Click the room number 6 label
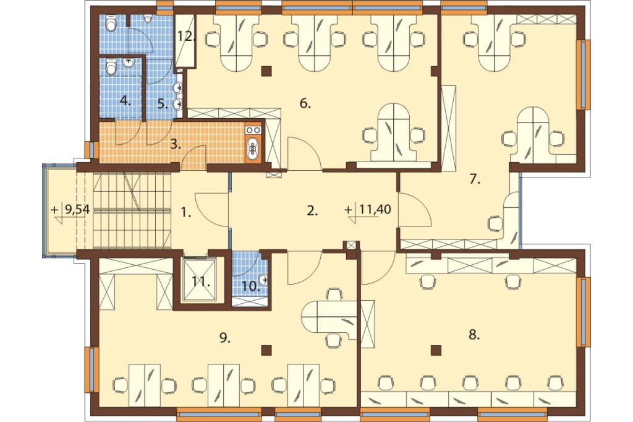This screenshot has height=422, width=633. pos(305,104)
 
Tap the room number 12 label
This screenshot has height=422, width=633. pos(186,37)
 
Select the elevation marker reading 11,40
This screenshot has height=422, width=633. pos(368,210)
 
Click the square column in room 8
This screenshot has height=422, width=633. pos(436,350)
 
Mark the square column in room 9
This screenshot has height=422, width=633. pos(266,350)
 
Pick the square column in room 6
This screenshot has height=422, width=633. pos(266,71)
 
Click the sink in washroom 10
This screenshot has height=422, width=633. pos(263,278)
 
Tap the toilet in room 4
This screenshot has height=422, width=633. pos(111,67)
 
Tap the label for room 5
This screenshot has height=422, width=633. pos(163,105)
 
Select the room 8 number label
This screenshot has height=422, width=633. pos(474,335)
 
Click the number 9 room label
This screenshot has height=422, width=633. pos(225,338)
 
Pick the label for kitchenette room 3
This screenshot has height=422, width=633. pos(175,144)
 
